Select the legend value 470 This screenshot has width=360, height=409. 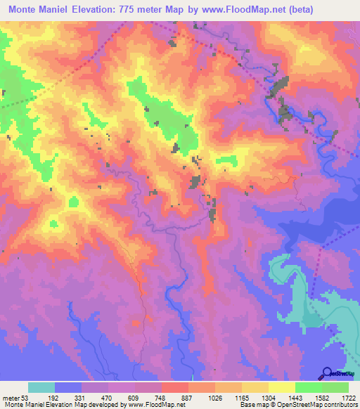pyautogui.click(x=108, y=398)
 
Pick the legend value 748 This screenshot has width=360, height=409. pyautogui.click(x=161, y=398)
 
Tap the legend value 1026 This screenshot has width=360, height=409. pyautogui.click(x=214, y=398)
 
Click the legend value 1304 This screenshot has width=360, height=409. pyautogui.click(x=268, y=398)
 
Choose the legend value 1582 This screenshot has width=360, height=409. pyautogui.click(x=321, y=398)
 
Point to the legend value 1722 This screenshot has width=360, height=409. pyautogui.click(x=348, y=398)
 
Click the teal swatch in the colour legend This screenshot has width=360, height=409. pyautogui.click(x=41, y=387)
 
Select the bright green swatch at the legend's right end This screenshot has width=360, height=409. pyautogui.click(x=335, y=387)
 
